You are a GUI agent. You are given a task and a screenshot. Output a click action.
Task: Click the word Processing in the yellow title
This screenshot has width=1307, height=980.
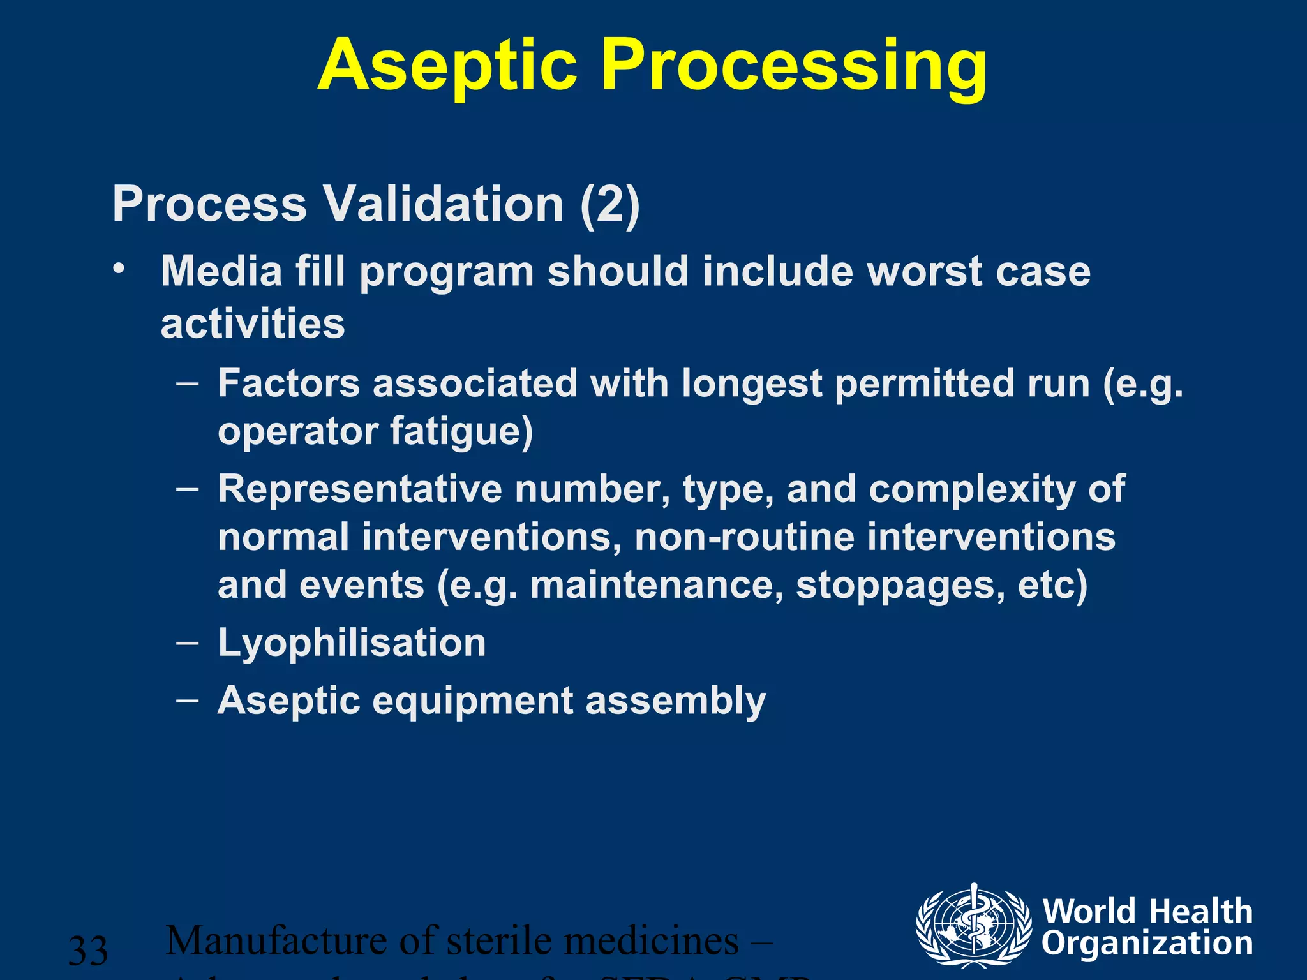point(794,66)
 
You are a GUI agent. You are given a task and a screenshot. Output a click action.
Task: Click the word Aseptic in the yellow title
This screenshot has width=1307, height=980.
point(447,66)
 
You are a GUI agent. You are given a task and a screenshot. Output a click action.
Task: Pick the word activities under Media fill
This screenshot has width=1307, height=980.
point(253,323)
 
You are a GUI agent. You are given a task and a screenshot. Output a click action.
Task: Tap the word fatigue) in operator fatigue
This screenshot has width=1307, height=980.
point(461,431)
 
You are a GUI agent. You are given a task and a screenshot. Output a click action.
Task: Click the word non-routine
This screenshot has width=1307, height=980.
point(743,537)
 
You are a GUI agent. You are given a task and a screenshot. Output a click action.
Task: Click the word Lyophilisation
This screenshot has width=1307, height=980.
point(352,642)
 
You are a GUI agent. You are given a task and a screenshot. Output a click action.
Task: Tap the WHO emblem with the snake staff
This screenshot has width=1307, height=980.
point(973,925)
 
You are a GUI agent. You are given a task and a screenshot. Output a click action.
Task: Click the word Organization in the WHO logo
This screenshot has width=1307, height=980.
point(1147,943)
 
